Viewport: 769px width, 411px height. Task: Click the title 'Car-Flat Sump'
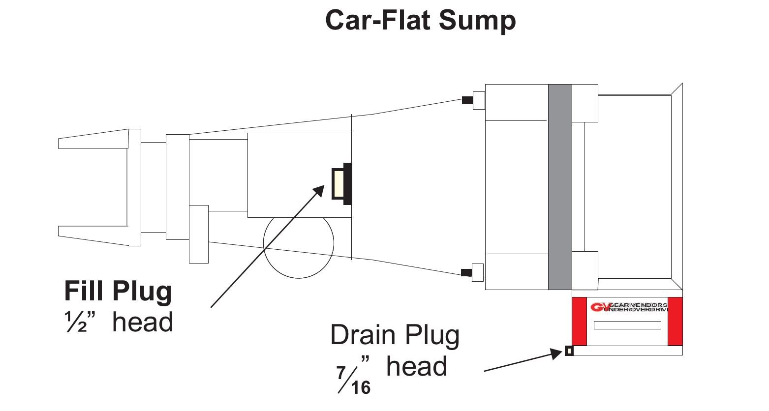coord(420,21)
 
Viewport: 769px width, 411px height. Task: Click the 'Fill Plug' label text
coord(118,291)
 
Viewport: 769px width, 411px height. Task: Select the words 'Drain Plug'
coord(395,335)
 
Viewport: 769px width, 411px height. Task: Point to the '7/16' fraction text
coord(354,380)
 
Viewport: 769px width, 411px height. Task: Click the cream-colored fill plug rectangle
coord(338,183)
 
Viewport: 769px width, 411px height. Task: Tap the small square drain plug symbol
coord(569,351)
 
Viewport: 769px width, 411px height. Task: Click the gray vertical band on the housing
coord(560,187)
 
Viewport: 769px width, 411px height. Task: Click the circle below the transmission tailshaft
coord(299,244)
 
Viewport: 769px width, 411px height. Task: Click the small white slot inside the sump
coord(627,325)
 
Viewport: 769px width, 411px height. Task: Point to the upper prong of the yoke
coord(93,139)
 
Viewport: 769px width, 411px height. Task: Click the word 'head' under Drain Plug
coord(417,367)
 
